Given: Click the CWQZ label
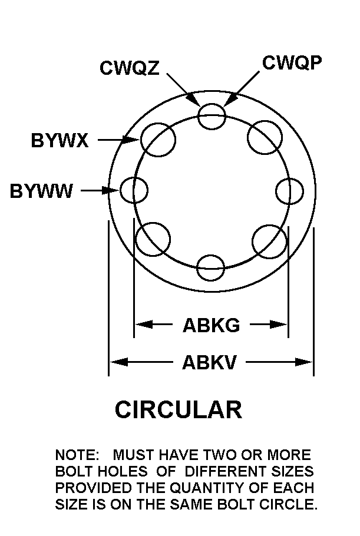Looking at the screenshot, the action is coord(130,68).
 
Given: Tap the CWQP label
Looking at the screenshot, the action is coord(292,62).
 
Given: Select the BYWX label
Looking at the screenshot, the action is coord(60,140).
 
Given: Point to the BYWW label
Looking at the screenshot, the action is coord(41,191).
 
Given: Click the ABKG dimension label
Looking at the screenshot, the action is coord(212,325).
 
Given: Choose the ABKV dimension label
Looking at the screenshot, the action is coord(209,362).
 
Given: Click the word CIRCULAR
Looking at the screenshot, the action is coord(179,409).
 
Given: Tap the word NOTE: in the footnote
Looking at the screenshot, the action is coord(77,455).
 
